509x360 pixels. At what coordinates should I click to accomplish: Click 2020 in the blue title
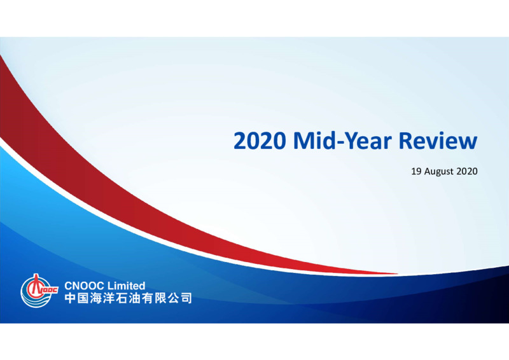(x=260, y=141)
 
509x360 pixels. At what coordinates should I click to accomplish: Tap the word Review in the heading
(x=438, y=141)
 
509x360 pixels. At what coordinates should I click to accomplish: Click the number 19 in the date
(x=416, y=171)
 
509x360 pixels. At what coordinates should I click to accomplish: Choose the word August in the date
(x=438, y=172)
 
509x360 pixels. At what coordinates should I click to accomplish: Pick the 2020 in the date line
(x=467, y=171)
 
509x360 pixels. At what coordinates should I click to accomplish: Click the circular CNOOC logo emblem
(x=39, y=291)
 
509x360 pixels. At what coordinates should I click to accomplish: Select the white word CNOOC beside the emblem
(x=84, y=286)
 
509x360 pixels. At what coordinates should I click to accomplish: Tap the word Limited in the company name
(x=126, y=286)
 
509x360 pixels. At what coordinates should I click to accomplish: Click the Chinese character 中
(x=70, y=298)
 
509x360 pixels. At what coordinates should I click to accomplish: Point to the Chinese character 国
(x=83, y=298)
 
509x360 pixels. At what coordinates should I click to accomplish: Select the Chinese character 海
(x=96, y=298)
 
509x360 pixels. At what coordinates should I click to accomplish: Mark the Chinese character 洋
(x=109, y=298)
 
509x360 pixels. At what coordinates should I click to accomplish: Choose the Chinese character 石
(x=122, y=298)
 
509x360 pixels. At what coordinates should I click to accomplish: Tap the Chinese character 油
(x=134, y=298)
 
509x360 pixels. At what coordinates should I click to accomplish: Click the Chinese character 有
(x=147, y=298)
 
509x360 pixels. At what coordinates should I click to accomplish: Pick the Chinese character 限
(x=160, y=298)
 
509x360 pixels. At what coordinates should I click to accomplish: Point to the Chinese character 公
(x=172, y=298)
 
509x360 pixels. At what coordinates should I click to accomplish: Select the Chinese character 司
(x=186, y=298)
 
